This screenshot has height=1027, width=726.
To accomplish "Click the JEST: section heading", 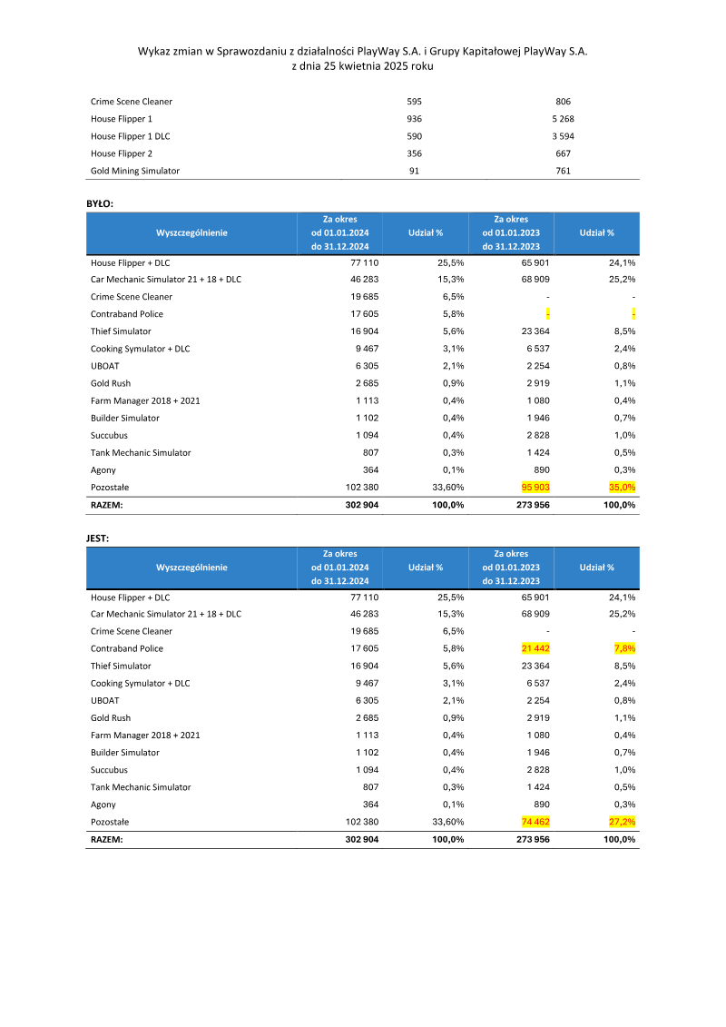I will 98,537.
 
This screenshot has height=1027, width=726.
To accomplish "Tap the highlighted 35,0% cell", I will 622,488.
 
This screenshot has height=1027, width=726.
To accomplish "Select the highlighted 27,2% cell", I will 622,822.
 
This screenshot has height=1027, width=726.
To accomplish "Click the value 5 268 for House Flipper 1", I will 563,119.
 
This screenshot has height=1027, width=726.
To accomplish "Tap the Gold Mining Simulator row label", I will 135,171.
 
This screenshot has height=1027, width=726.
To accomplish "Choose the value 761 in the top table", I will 563,171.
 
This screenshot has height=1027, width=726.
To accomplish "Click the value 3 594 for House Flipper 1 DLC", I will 563,136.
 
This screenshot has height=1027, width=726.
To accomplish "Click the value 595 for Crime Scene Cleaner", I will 415,102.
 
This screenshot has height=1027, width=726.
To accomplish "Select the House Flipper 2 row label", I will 122,153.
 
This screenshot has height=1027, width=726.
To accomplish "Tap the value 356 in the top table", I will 415,153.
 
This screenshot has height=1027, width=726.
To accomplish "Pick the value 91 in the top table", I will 415,171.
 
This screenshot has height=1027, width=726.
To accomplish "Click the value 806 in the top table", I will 563,102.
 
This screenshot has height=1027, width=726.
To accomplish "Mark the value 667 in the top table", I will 563,153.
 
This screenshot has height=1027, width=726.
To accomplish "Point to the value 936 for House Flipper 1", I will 415,119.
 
